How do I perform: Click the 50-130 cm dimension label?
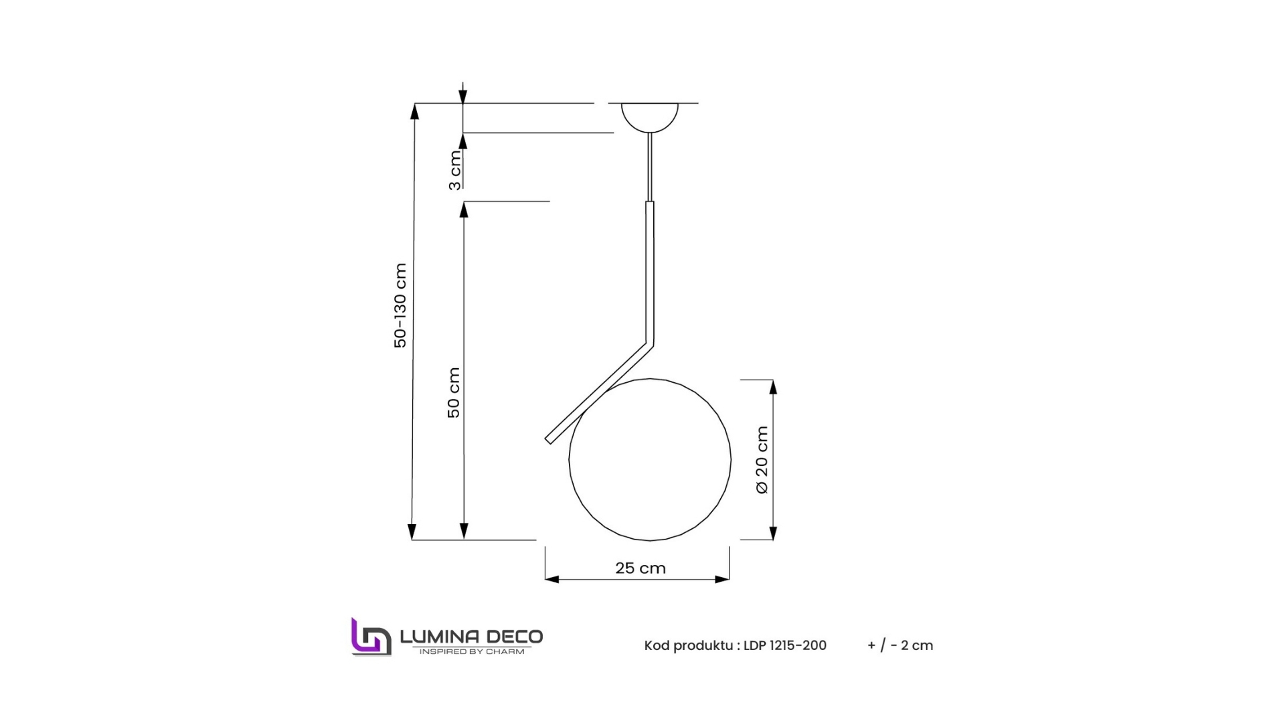[x=400, y=305]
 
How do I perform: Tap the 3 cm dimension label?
[x=455, y=171]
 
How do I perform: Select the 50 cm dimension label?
[x=454, y=392]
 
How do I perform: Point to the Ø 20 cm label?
[x=762, y=460]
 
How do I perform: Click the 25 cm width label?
[x=640, y=568]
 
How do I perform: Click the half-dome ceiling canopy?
[x=649, y=115]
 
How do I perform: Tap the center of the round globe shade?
[x=649, y=460]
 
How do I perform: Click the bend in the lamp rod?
[x=649, y=343]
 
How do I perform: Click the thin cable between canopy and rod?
[x=649, y=167]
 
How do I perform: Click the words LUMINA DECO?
[x=471, y=636]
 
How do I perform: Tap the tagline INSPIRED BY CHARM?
[x=471, y=651]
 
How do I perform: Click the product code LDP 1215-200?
[x=784, y=645]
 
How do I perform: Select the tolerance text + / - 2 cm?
[x=899, y=645]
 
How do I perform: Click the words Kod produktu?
[x=689, y=645]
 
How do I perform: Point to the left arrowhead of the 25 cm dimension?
[x=551, y=579]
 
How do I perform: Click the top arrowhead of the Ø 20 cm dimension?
[x=773, y=387]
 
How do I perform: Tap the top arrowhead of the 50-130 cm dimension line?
[x=414, y=111]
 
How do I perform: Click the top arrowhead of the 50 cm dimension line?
[x=463, y=209]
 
